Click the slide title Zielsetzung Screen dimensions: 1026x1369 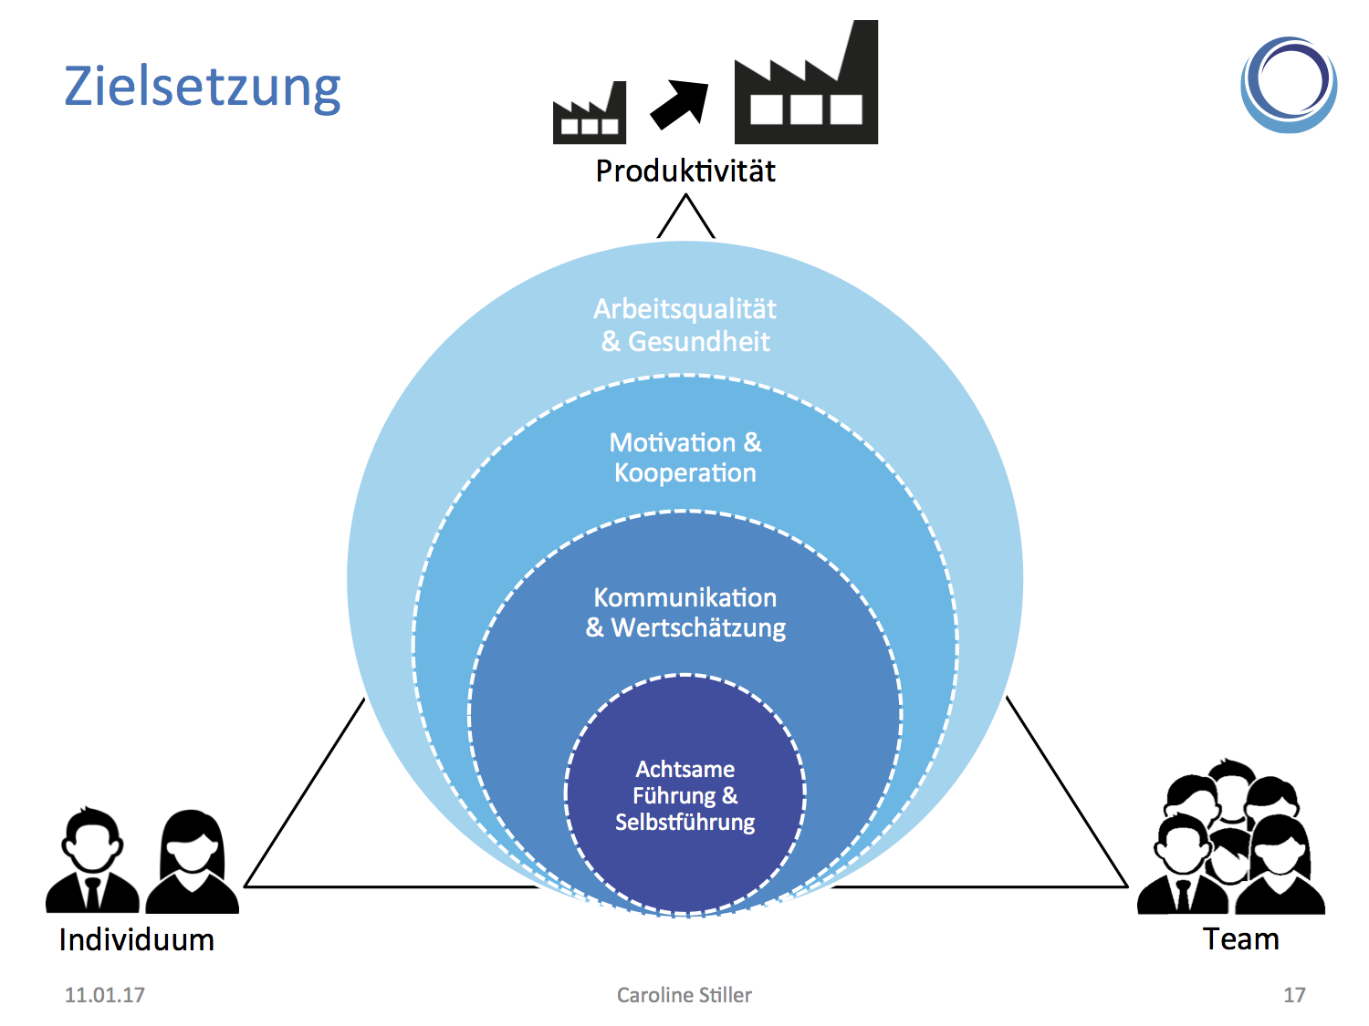(202, 88)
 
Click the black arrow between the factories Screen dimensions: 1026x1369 (679, 103)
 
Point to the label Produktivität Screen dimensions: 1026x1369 (685, 171)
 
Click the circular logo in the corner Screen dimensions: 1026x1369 (1289, 85)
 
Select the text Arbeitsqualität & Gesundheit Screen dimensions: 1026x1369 (684, 325)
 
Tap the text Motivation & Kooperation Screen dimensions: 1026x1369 (684, 458)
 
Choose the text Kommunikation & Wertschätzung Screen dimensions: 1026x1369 (684, 613)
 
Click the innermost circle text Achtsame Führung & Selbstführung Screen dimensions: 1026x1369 (684, 795)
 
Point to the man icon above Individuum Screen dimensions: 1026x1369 (91, 860)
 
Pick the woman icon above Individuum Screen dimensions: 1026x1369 (193, 862)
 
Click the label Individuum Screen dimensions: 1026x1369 (137, 940)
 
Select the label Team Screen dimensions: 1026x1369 (1240, 939)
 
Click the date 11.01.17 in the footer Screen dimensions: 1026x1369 (104, 995)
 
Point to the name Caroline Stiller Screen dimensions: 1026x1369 (684, 995)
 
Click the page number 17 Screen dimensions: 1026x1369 (1294, 995)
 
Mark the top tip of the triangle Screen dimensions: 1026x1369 (685, 198)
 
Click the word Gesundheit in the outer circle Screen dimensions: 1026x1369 (699, 342)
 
